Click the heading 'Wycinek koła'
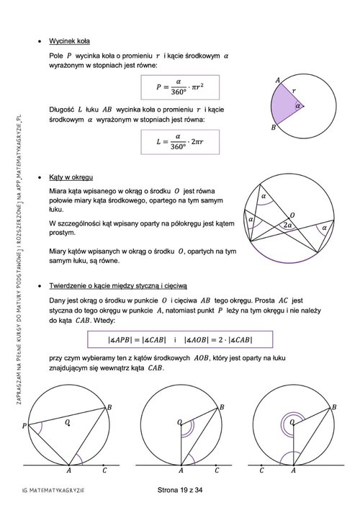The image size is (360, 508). pos(69,41)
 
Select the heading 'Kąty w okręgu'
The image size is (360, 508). pos(71,177)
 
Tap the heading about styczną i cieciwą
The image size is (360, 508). pos(118,286)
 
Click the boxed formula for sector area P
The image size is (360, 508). pos(180,87)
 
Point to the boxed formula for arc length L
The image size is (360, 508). pos(180,142)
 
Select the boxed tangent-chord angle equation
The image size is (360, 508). pos(180,339)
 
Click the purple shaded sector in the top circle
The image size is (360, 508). pos(286,104)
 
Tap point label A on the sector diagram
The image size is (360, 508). pos(277,80)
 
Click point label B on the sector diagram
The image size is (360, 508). pos(274,128)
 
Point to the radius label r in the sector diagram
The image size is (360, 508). pos(294,91)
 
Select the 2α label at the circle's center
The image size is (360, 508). pos(287,225)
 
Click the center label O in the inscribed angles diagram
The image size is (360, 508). pos(292,215)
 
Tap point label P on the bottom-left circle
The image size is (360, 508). pos(24,425)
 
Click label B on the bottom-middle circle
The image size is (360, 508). pos(222,407)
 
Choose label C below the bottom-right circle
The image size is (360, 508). pos(261,470)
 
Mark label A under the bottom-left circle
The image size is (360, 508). pos(68,470)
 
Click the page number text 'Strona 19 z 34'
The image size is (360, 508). pos(180,490)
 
